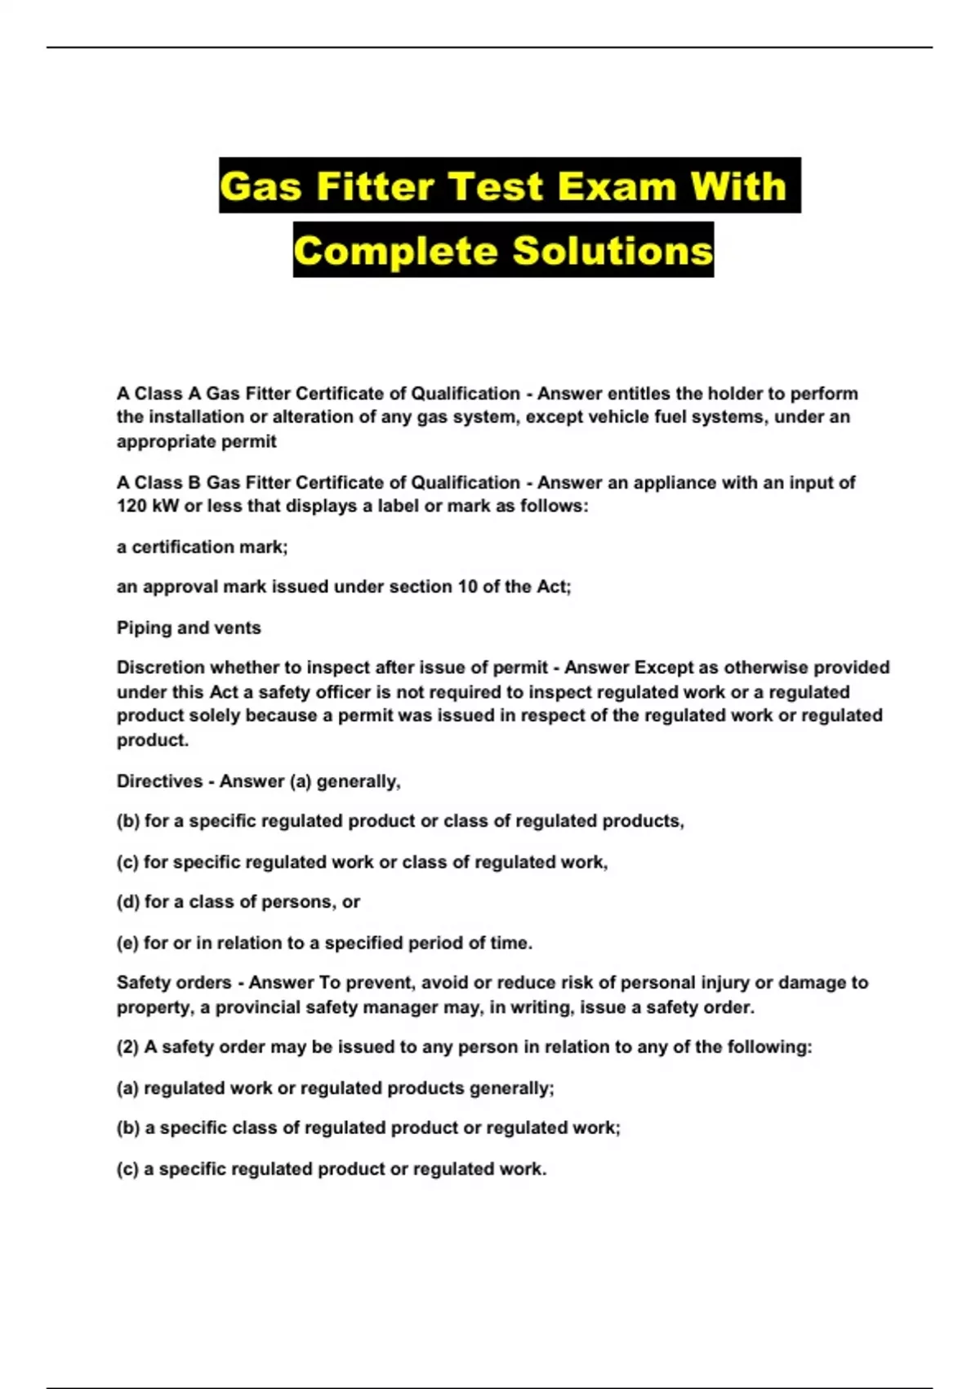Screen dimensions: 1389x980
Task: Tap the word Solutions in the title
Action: [x=612, y=251]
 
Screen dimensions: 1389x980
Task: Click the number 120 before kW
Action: [x=131, y=506]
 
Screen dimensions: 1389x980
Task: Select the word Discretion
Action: [x=160, y=668]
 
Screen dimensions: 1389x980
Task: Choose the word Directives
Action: [x=159, y=781]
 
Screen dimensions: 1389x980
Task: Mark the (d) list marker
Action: [x=128, y=902]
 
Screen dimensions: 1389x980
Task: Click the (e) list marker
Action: [x=128, y=943]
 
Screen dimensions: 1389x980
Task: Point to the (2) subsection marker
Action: [x=128, y=1047]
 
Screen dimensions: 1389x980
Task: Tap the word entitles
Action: [x=639, y=394]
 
